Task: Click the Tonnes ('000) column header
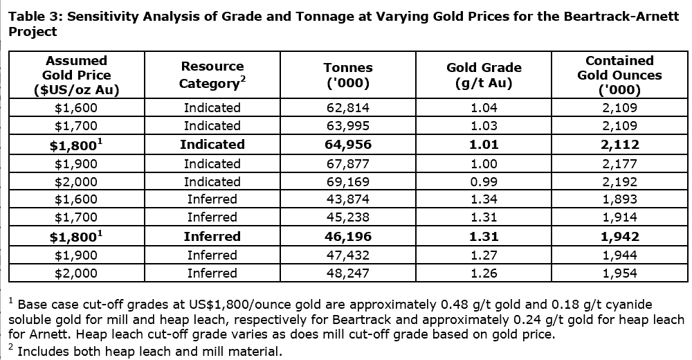(x=348, y=75)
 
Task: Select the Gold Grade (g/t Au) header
(x=484, y=75)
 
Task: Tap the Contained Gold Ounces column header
(x=619, y=75)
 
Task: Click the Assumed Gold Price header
(x=76, y=75)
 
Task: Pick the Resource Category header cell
(x=212, y=75)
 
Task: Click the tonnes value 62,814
(x=348, y=107)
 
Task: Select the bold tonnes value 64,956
(x=348, y=145)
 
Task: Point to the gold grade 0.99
(x=484, y=182)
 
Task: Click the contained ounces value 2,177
(x=619, y=164)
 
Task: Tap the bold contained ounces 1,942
(x=619, y=237)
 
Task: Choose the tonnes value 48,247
(x=348, y=273)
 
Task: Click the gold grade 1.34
(x=484, y=199)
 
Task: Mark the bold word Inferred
(x=212, y=237)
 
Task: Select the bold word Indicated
(x=212, y=145)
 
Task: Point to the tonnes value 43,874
(x=348, y=199)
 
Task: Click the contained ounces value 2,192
(x=619, y=182)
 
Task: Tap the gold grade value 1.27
(x=484, y=255)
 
